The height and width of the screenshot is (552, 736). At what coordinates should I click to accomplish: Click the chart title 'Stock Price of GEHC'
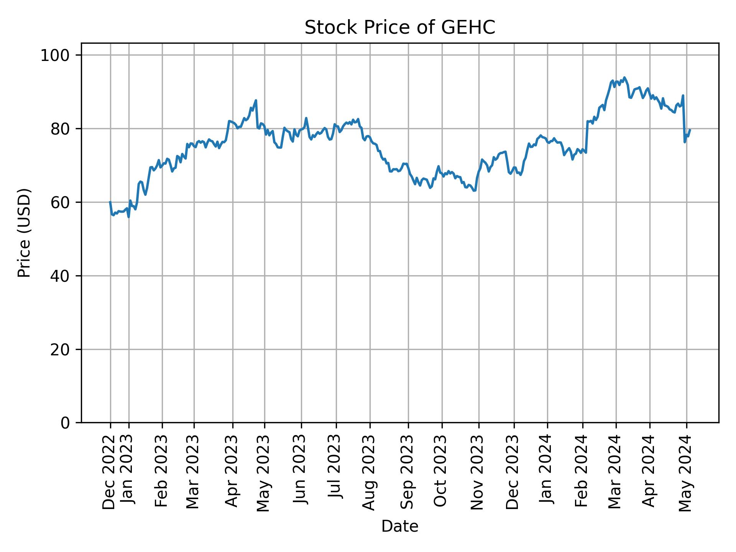click(399, 28)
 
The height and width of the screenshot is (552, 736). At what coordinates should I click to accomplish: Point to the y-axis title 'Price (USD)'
click(24, 233)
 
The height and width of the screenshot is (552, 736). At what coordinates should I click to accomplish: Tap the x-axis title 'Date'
click(399, 526)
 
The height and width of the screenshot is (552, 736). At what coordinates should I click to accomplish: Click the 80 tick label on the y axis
click(59, 129)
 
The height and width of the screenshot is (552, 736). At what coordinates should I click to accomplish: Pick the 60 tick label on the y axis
click(59, 202)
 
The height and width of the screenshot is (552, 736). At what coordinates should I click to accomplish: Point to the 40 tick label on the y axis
click(59, 276)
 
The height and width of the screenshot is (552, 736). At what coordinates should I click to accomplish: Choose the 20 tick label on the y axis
click(59, 350)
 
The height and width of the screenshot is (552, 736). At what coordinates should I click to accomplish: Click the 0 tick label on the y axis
click(65, 423)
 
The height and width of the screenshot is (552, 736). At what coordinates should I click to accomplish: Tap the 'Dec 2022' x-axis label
click(109, 472)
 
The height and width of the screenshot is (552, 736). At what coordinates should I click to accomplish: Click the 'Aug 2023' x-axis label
click(369, 473)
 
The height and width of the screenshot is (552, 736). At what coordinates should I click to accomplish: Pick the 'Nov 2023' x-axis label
click(478, 472)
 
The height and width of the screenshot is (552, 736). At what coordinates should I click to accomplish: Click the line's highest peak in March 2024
click(624, 77)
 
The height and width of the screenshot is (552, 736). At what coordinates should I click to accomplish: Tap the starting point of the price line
click(110, 202)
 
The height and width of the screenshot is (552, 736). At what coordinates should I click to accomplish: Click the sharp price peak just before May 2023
click(256, 100)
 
